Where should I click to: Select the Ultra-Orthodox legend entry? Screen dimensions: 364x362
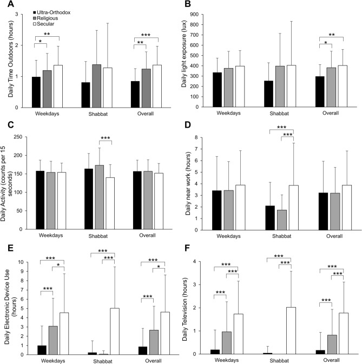click(x=53, y=12)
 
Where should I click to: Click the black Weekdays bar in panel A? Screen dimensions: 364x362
click(x=36, y=92)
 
